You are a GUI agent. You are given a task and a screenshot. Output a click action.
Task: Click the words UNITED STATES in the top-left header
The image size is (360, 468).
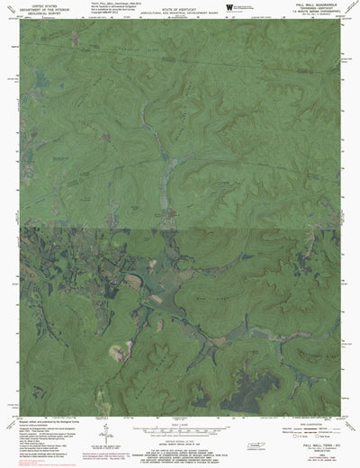pyautogui.click(x=41, y=5)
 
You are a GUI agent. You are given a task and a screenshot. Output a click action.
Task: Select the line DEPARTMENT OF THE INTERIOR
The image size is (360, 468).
pyautogui.click(x=41, y=10)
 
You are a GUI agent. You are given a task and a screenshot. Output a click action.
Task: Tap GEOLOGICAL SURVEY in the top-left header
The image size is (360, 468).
pyautogui.click(x=41, y=14)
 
